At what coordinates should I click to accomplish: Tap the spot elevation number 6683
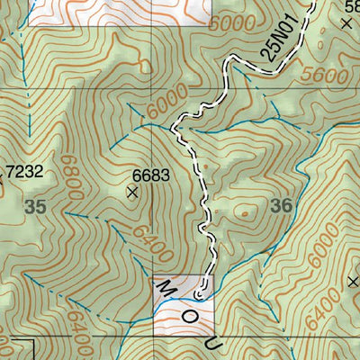pyautogui.click(x=151, y=175)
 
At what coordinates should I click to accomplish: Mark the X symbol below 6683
pyautogui.click(x=133, y=192)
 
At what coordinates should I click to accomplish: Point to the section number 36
pyautogui.click(x=282, y=206)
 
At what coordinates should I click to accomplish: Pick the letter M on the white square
pyautogui.click(x=166, y=287)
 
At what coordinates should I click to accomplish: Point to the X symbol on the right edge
pyautogui.click(x=353, y=281)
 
